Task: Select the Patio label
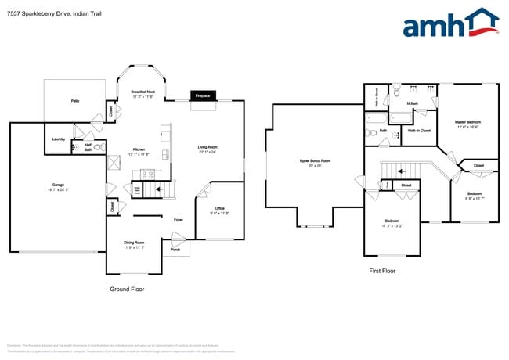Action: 75,101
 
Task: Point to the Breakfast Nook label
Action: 142,93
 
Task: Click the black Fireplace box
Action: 202,95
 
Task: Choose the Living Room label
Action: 207,149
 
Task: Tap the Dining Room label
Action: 134,244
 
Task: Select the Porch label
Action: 175,251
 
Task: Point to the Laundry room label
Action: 58,139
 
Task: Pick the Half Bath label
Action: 88,146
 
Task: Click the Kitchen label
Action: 138,149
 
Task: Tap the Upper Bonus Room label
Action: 315,161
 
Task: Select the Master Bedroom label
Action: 467,122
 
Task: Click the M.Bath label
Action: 411,103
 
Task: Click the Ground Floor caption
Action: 127,289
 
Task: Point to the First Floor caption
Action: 382,271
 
